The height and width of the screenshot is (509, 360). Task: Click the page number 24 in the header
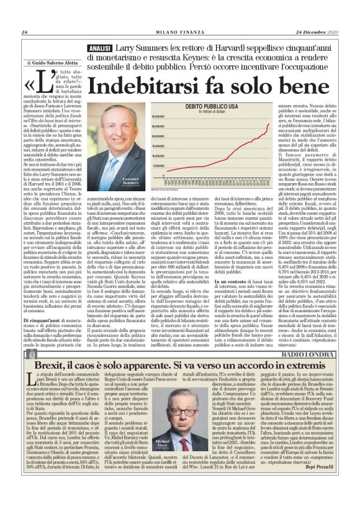coord(24,33)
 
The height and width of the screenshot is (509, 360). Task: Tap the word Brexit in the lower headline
coord(56,366)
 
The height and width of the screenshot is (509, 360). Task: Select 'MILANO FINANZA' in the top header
coord(179,33)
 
